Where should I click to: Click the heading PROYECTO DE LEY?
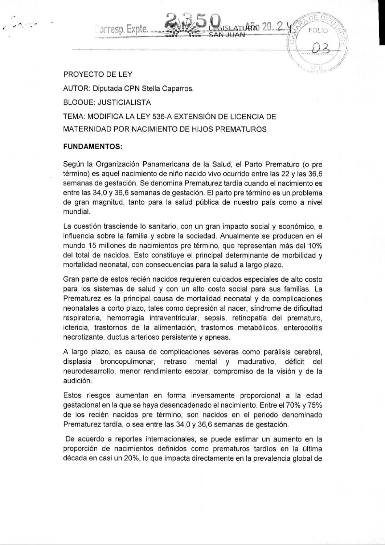pyautogui.click(x=98, y=75)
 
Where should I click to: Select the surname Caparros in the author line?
pyautogui.click(x=178, y=89)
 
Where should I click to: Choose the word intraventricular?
pyautogui.click(x=170, y=318)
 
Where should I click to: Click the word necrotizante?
pyautogui.click(x=80, y=337)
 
